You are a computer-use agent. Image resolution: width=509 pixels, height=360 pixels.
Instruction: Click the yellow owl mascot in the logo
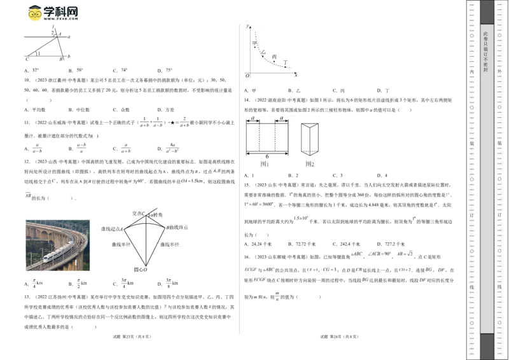coord(33,13)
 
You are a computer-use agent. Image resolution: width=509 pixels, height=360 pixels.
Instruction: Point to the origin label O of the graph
coord(247,76)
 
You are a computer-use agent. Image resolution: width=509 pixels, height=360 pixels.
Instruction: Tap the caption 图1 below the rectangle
coord(265,165)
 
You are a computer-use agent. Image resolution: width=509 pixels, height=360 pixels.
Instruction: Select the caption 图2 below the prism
coord(310,165)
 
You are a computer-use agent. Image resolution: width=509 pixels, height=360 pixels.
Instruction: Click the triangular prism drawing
coord(310,137)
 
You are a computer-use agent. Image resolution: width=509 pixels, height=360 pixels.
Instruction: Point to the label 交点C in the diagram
coord(139,213)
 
